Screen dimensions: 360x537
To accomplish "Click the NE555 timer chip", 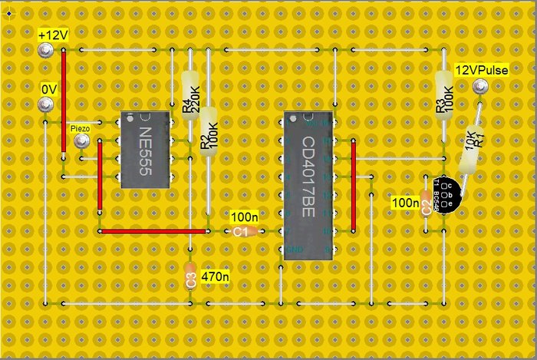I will coord(144,150).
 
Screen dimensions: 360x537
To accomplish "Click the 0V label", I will coord(50,89).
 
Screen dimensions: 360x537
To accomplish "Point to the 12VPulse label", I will coord(482,70).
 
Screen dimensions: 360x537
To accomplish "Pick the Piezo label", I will coord(80,129).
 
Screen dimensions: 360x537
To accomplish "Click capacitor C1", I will coord(240,231).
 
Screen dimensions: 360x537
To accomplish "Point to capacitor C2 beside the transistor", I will coord(427,207).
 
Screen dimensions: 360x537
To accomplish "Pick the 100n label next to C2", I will coord(404,203).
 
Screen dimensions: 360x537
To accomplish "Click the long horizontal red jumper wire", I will coord(153,231).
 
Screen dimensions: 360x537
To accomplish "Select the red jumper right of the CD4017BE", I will coord(353,184).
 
